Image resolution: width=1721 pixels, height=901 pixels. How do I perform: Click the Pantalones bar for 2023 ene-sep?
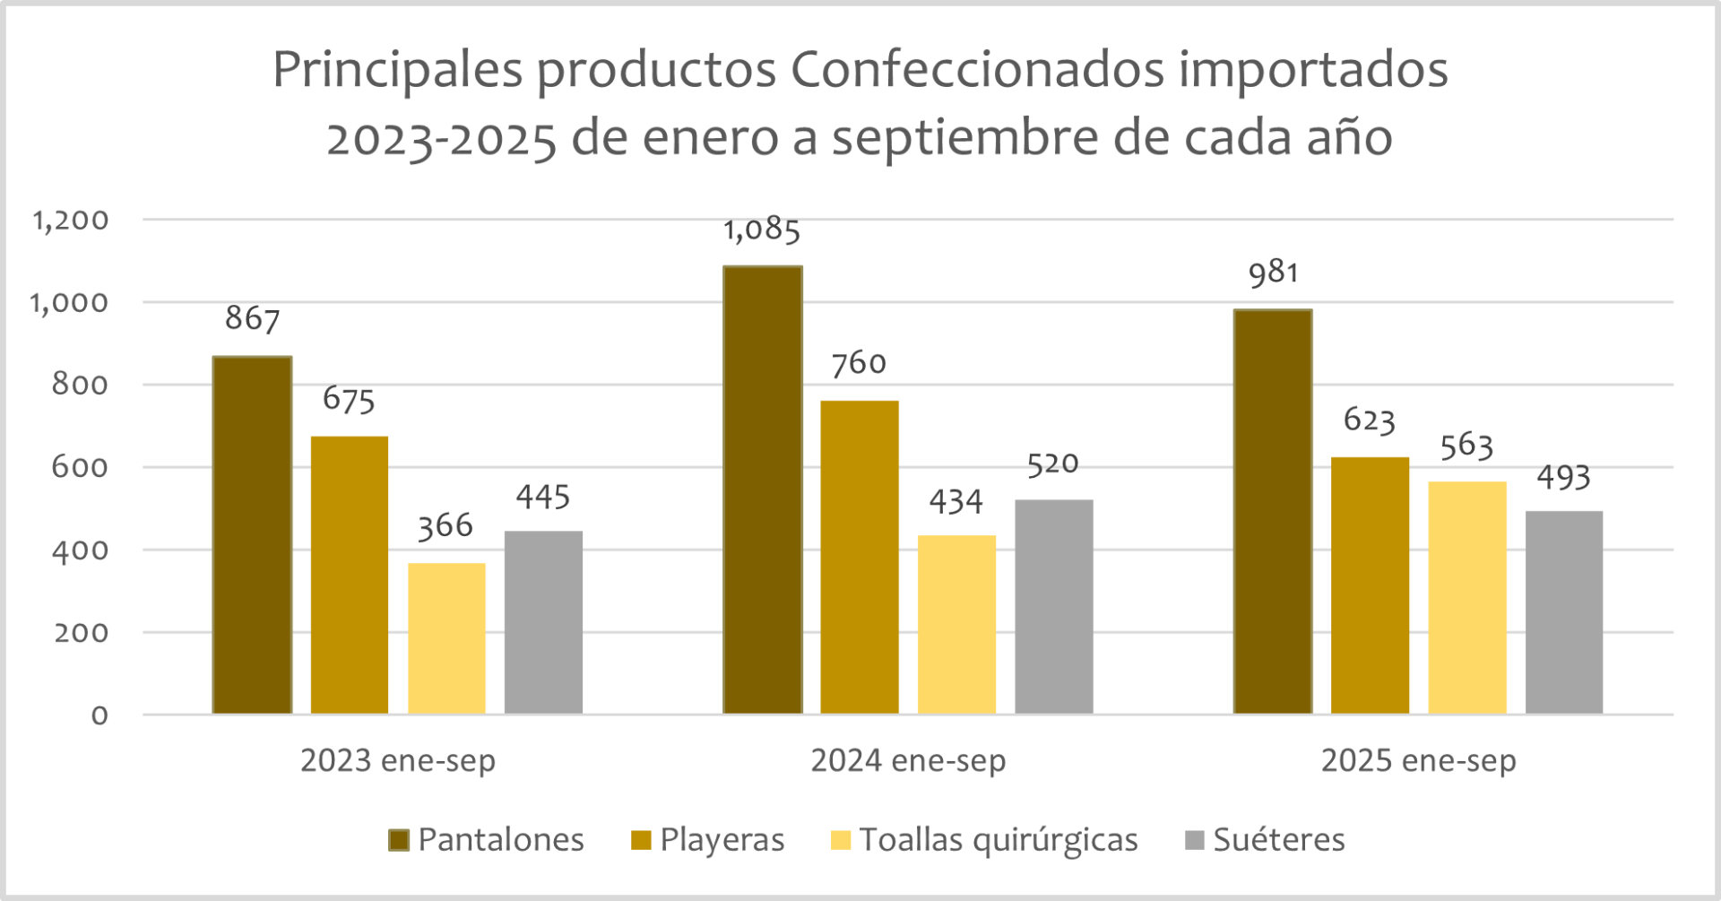point(252,535)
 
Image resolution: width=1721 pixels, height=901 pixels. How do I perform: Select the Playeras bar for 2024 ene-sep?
point(859,557)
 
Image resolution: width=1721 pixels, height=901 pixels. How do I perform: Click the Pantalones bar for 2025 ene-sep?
point(1272,512)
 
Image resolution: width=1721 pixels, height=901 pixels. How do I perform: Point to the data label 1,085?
point(761,230)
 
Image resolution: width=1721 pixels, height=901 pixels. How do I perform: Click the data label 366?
point(445,526)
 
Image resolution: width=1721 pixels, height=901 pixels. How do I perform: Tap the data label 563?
point(1466,446)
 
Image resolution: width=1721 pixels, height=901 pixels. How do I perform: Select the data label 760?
point(858,364)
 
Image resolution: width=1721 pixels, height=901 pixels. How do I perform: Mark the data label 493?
point(1563,478)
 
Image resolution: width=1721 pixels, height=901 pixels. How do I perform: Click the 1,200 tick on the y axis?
point(71,221)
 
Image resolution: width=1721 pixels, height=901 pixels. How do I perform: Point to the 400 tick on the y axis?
point(80,550)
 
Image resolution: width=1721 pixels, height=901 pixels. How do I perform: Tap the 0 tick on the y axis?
point(99,715)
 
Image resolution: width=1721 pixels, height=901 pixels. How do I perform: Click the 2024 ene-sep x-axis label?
point(908,761)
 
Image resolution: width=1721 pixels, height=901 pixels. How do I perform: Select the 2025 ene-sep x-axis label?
point(1418,761)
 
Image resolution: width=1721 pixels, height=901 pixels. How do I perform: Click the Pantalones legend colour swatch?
point(399,840)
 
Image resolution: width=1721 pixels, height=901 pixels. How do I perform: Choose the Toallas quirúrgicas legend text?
point(998,840)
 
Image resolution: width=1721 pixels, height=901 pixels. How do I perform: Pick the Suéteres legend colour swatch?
point(1194,840)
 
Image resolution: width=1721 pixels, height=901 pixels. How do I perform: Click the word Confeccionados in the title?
point(976,69)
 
